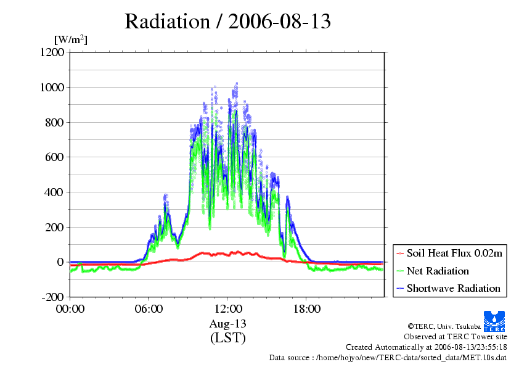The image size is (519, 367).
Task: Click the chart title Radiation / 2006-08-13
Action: (x=227, y=22)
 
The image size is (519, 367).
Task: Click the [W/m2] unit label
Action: (x=71, y=40)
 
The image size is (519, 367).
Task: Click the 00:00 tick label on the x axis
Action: (x=70, y=309)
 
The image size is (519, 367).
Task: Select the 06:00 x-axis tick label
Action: (x=149, y=309)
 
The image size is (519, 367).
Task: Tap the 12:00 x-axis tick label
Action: (x=227, y=309)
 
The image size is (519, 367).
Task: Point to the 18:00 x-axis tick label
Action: (x=306, y=309)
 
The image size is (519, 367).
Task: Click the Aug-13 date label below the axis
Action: (x=227, y=324)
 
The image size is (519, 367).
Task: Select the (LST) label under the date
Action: (x=227, y=338)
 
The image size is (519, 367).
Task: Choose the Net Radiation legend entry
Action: (x=438, y=271)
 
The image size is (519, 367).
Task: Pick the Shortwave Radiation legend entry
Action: (x=453, y=288)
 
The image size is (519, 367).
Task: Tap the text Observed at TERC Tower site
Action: (x=456, y=337)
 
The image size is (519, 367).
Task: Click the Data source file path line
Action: (x=388, y=357)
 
